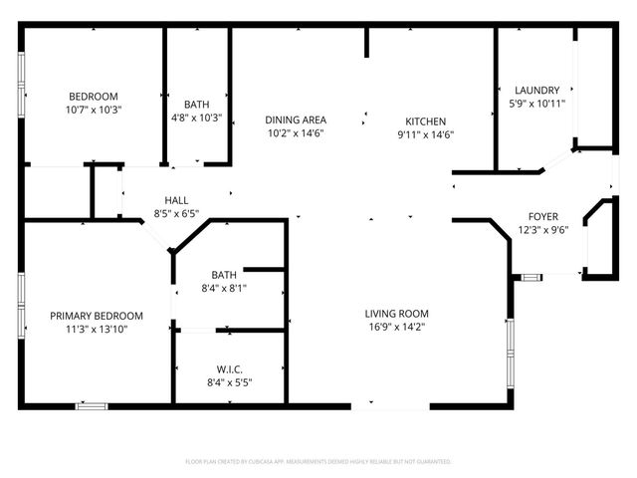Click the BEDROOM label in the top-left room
94,96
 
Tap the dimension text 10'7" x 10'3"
94,109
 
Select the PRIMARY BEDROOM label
97,315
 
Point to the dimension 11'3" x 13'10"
97,329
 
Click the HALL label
176,199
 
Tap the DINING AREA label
296,119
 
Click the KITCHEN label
425,119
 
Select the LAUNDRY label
536,90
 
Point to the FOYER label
542,216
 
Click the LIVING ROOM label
396,314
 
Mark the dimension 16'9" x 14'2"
396,328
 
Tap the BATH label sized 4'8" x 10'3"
196,104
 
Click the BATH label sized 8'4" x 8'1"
223,275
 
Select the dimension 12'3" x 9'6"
542,230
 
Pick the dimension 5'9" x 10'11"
536,103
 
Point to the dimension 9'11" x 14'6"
425,133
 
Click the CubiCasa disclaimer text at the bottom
318,462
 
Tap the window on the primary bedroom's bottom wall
92,405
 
